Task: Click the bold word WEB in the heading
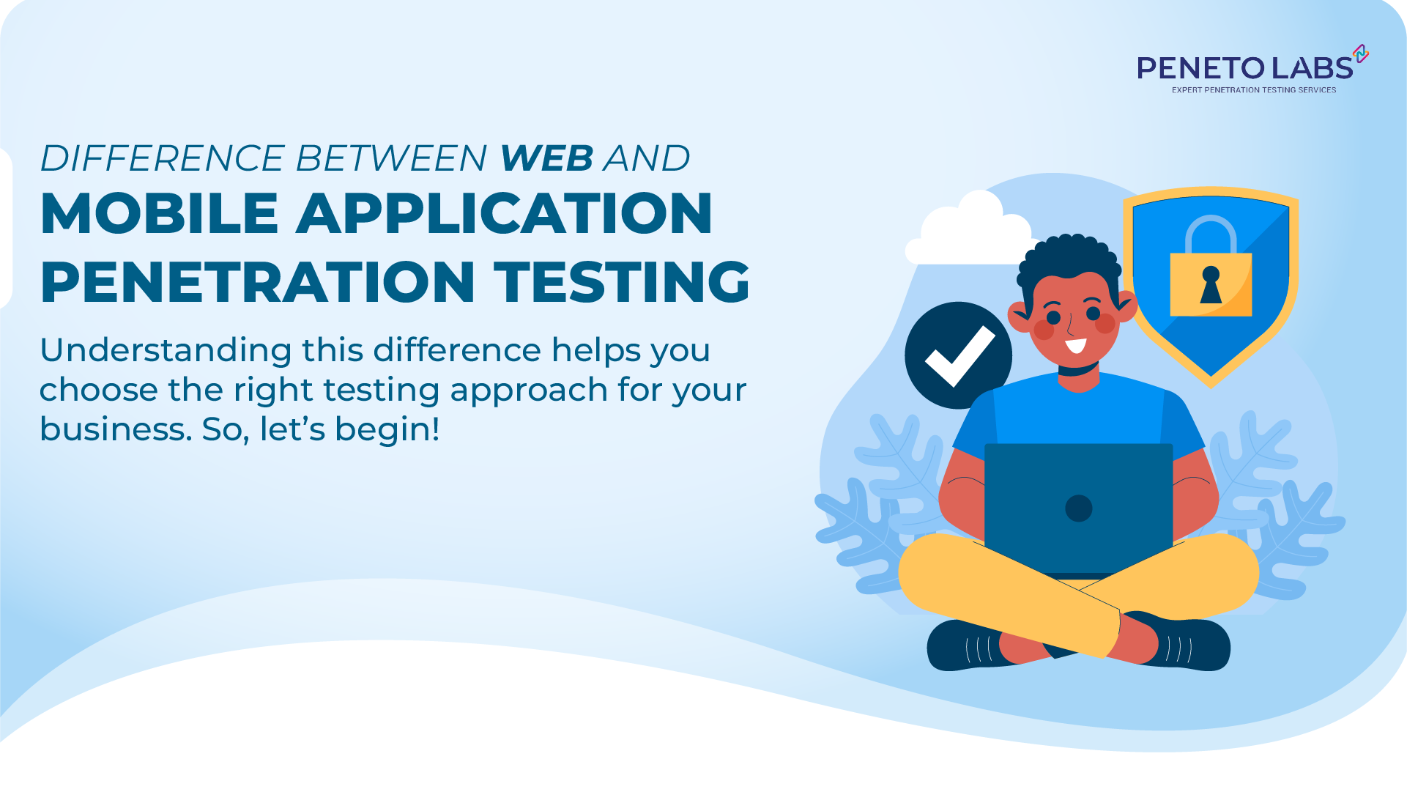[x=546, y=158]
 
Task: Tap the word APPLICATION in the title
[x=504, y=213]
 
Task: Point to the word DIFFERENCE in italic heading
[x=162, y=158]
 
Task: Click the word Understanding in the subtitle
[x=166, y=350]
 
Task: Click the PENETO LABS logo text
[x=1244, y=69]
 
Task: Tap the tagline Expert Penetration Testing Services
[x=1253, y=90]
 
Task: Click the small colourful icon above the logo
[x=1361, y=53]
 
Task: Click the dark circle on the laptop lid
[x=1078, y=508]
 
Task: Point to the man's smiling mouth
[x=1075, y=345]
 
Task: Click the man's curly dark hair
[x=1070, y=257]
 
